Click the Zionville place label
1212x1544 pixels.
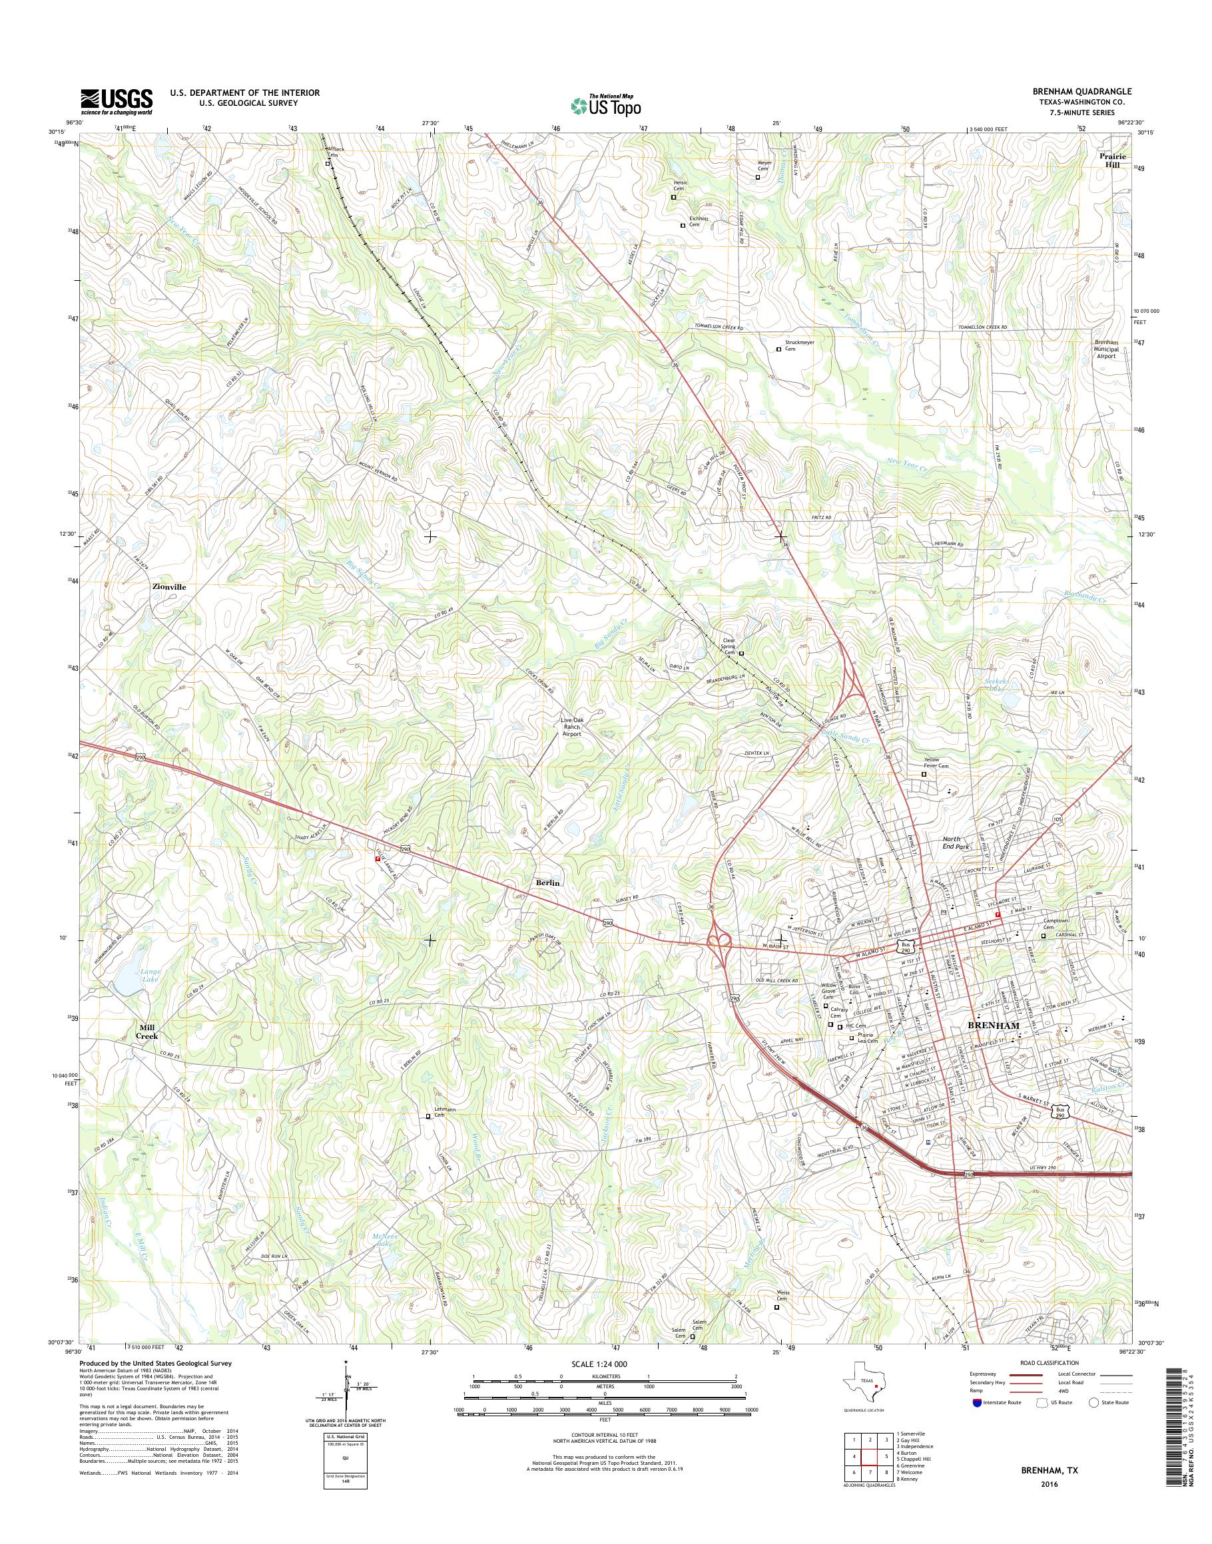(169, 587)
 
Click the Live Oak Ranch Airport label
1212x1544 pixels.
(572, 727)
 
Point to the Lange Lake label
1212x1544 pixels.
(150, 974)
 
